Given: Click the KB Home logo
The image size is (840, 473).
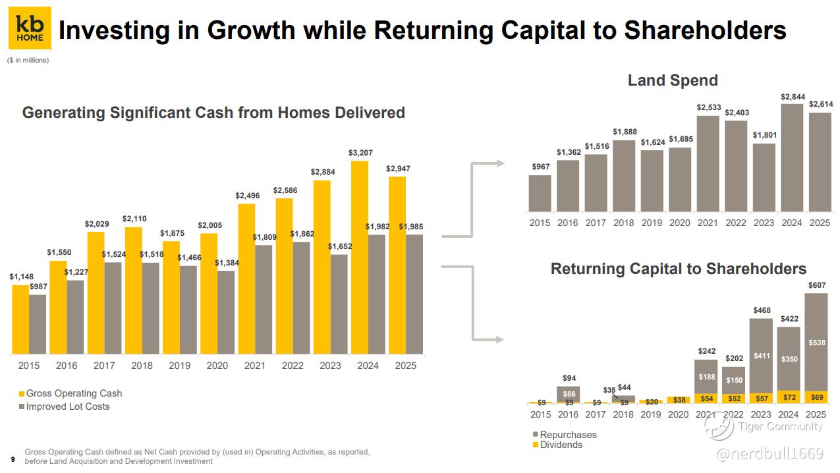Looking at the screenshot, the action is pyautogui.click(x=30, y=28).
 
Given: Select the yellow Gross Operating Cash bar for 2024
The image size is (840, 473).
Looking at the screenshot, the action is pyautogui.click(x=360, y=258).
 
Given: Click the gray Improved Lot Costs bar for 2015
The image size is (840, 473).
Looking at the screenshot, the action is pyautogui.click(x=38, y=324).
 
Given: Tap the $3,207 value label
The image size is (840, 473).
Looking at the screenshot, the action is pyautogui.click(x=360, y=153).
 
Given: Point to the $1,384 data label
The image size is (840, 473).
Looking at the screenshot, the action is pyautogui.click(x=227, y=263).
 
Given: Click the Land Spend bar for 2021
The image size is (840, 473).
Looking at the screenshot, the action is pyautogui.click(x=708, y=163).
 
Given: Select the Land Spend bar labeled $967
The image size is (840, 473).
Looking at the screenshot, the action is pyautogui.click(x=540, y=193).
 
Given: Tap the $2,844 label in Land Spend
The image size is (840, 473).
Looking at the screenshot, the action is pyautogui.click(x=793, y=97).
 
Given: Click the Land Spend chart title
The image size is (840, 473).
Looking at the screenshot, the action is pyautogui.click(x=673, y=80).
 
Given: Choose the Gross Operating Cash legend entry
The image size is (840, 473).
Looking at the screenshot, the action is pyautogui.click(x=70, y=393).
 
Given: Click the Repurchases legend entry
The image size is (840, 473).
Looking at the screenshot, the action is pyautogui.click(x=565, y=434).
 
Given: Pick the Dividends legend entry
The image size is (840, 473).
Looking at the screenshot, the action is pyautogui.click(x=557, y=445).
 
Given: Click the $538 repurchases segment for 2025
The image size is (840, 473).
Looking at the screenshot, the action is pyautogui.click(x=816, y=342).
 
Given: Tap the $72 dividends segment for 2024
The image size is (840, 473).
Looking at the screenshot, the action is pyautogui.click(x=789, y=397).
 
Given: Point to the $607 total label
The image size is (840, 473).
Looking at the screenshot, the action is pyautogui.click(x=817, y=285).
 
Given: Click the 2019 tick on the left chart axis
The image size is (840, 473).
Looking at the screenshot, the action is pyautogui.click(x=179, y=366).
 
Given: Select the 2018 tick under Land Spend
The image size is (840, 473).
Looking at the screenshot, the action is pyautogui.click(x=624, y=223).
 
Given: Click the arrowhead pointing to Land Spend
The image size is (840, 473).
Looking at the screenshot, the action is pyautogui.click(x=500, y=163).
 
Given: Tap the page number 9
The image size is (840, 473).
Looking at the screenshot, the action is pyautogui.click(x=13, y=459).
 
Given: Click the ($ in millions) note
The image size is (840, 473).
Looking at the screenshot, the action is pyautogui.click(x=28, y=60).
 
